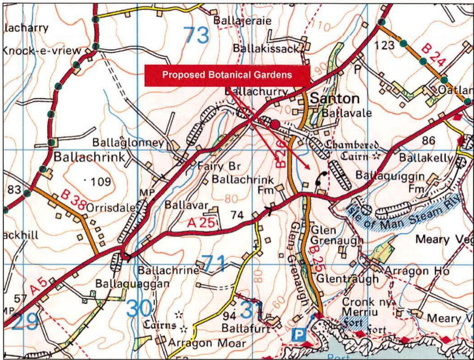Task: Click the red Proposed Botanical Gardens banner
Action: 227,75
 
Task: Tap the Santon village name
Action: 335,99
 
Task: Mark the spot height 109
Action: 99,182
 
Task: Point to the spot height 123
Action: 385,45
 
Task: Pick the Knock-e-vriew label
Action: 42,51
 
